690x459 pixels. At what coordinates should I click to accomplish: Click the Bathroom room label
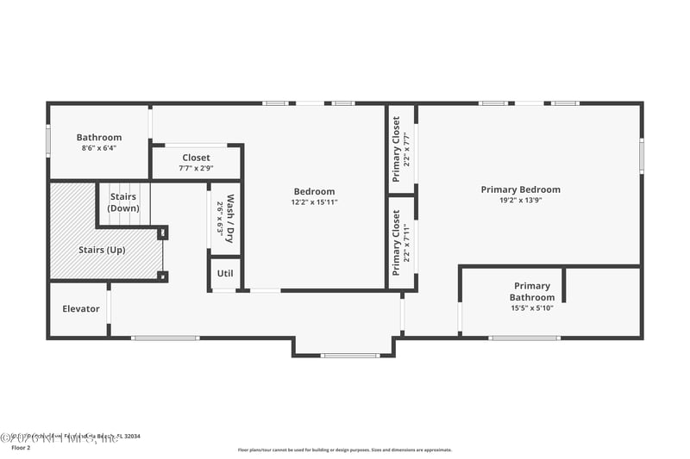click(99, 137)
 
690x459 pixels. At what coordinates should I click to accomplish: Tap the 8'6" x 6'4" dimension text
click(99, 148)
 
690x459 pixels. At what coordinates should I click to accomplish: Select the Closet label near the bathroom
click(196, 158)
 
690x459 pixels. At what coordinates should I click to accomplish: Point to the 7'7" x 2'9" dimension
click(196, 168)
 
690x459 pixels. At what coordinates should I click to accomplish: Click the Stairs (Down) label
click(123, 202)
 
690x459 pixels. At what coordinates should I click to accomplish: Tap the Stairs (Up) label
click(102, 250)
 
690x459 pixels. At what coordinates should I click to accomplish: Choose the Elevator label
click(80, 308)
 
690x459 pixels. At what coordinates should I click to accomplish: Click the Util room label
click(225, 273)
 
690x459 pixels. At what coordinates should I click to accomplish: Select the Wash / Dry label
click(230, 218)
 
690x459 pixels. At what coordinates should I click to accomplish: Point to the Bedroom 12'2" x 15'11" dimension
click(314, 202)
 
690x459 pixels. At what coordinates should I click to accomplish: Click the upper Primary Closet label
click(397, 149)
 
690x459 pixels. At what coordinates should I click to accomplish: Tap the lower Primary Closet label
click(397, 236)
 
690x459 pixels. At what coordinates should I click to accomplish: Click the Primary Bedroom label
click(520, 189)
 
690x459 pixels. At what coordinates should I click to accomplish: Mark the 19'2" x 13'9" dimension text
click(520, 201)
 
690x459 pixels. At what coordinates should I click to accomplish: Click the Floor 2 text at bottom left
click(22, 448)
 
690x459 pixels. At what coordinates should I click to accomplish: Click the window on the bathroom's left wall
click(48, 140)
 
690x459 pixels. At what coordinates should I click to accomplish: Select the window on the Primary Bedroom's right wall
click(642, 156)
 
